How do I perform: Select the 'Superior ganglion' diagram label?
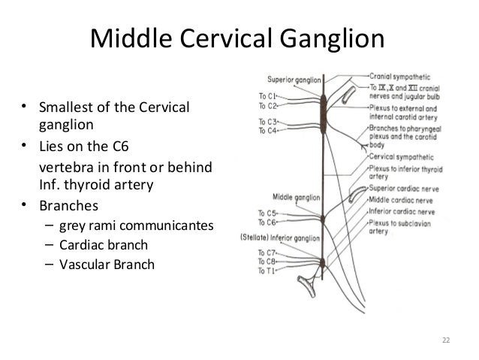[292, 79]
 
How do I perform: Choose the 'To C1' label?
[267, 95]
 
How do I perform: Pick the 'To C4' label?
[267, 130]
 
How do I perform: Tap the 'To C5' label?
[267, 213]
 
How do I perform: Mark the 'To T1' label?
[267, 270]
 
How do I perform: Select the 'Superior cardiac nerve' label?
[401, 189]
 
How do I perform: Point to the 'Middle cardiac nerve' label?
[398, 199]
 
